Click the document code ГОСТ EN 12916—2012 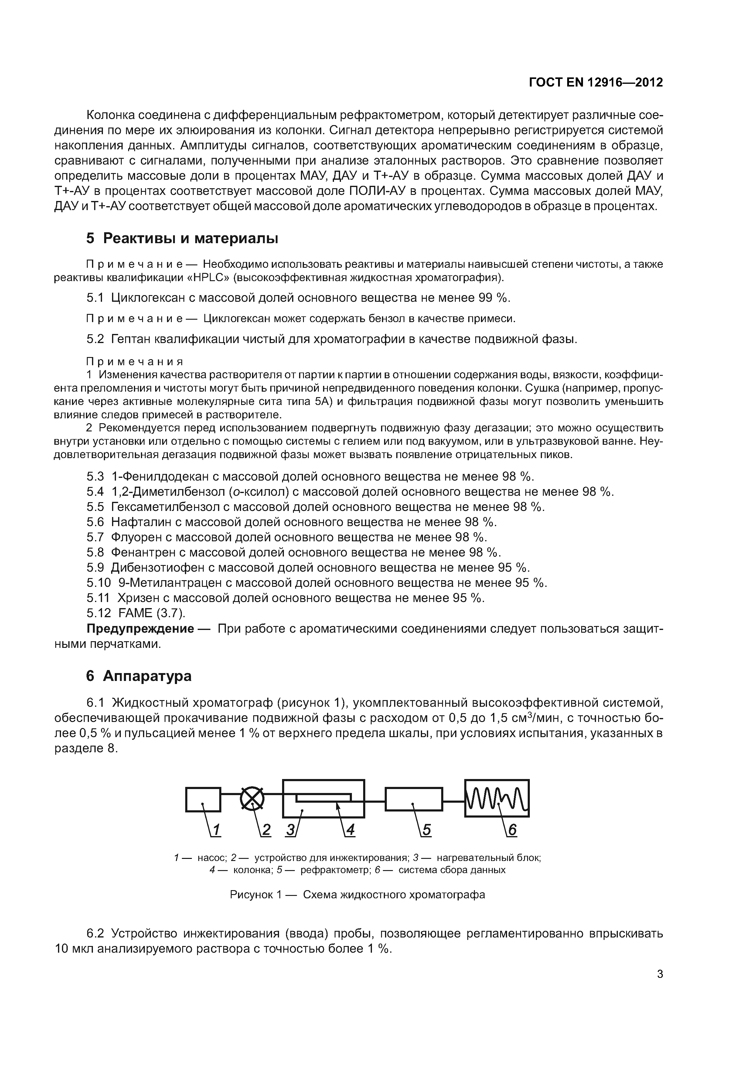coord(596,83)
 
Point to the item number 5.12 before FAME coord(99,613)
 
